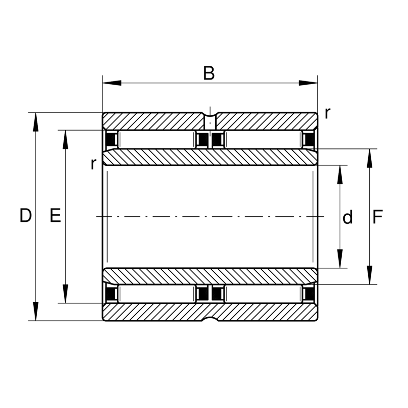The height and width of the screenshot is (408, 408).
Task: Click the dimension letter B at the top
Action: click(209, 73)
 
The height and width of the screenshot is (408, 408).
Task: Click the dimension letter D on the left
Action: click(25, 216)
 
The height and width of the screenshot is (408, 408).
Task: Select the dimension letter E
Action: click(55, 216)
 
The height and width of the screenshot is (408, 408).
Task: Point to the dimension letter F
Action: click(377, 217)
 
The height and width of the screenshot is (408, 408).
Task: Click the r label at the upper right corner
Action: click(327, 113)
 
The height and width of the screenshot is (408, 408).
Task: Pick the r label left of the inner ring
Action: click(93, 164)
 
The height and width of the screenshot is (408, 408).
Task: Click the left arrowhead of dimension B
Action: click(112, 83)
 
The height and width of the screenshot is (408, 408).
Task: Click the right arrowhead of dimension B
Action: click(308, 83)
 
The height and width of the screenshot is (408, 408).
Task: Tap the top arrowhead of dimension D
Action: click(36, 122)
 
